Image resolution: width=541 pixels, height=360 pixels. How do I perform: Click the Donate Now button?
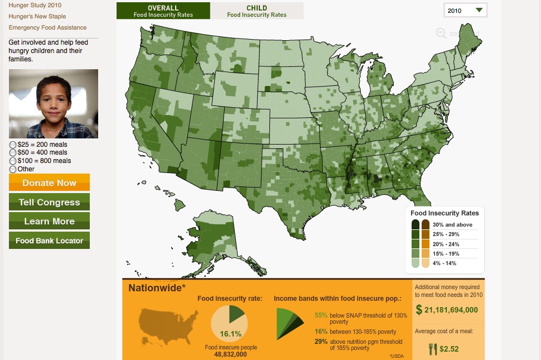pyautogui.click(x=49, y=183)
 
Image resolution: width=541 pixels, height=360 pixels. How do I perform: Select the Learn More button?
pyautogui.click(x=49, y=221)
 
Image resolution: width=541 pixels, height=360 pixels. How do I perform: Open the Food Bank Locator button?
pyautogui.click(x=49, y=241)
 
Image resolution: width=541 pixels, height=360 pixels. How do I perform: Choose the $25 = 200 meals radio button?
pyautogui.click(x=12, y=145)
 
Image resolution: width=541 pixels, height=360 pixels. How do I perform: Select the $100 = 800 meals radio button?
pyautogui.click(x=12, y=161)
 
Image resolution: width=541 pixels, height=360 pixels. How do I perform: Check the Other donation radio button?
pyautogui.click(x=12, y=169)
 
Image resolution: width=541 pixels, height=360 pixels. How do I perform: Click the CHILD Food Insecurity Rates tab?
pyautogui.click(x=257, y=11)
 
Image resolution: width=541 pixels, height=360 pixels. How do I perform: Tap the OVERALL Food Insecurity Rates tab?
pyautogui.click(x=163, y=11)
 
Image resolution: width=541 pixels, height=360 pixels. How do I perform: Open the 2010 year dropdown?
pyautogui.click(x=465, y=11)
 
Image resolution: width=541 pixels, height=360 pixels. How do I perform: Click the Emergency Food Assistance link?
pyautogui.click(x=47, y=27)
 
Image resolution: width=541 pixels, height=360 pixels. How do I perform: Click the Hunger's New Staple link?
pyautogui.click(x=37, y=16)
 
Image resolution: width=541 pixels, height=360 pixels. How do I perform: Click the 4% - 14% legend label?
pyautogui.click(x=445, y=263)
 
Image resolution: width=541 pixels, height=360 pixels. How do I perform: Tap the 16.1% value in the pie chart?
pyautogui.click(x=230, y=334)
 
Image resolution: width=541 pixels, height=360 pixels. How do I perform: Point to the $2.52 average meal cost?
pyautogui.click(x=448, y=349)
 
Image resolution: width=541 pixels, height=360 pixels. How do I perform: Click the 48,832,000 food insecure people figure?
pyautogui.click(x=231, y=354)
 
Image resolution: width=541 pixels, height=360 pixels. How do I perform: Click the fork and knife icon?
pyautogui.click(x=432, y=349)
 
